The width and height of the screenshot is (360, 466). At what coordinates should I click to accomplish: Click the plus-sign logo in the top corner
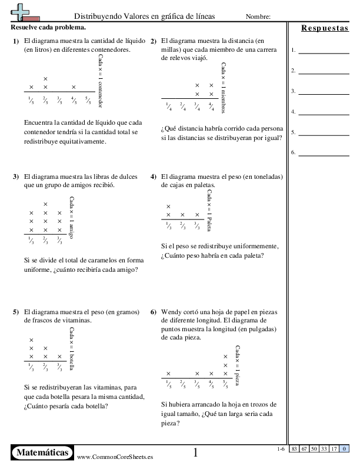click(22, 11)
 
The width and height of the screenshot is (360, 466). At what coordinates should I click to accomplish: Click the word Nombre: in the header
click(258, 16)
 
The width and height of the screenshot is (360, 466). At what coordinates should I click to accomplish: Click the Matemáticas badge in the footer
click(43, 452)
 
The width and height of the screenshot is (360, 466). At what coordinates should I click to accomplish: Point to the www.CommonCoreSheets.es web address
click(111, 457)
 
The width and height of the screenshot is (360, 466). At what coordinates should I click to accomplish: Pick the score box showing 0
click(343, 449)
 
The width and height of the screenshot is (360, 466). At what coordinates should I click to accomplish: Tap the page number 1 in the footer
click(196, 452)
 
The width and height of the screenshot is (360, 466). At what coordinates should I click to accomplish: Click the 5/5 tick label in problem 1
click(88, 99)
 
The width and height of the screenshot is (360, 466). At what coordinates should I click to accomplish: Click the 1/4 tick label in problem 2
click(169, 106)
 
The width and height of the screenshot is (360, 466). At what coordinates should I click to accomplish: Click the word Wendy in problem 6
click(171, 312)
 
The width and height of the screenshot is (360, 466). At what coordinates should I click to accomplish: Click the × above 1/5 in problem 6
click(169, 373)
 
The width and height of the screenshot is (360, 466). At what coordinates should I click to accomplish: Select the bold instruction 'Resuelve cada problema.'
click(48, 27)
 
